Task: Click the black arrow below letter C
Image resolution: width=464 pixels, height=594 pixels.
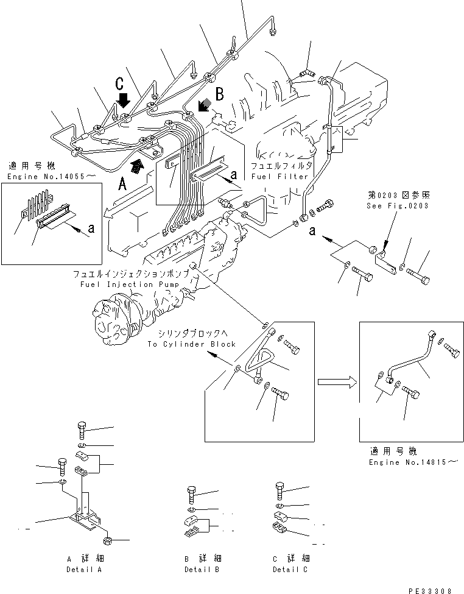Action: point(124,98)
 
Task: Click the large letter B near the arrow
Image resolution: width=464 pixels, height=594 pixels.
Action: point(220,94)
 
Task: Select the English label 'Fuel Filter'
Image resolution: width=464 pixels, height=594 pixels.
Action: point(272,177)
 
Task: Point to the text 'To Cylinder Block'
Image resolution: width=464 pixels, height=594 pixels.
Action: point(191,344)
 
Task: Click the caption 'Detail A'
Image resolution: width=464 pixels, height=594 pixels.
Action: point(84,570)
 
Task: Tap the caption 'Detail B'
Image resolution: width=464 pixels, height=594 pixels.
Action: point(202,570)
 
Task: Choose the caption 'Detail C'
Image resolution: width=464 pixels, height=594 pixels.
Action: point(290,570)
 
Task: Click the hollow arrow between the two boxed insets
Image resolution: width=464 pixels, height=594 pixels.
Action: point(336,382)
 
